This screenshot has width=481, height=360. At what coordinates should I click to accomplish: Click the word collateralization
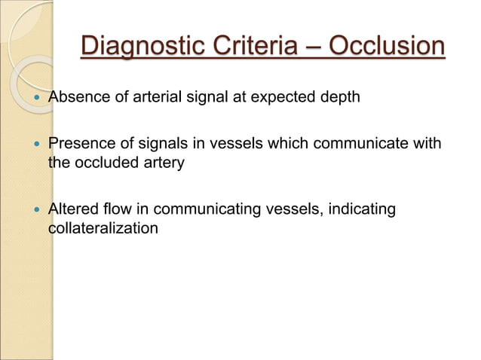coord(103,227)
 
